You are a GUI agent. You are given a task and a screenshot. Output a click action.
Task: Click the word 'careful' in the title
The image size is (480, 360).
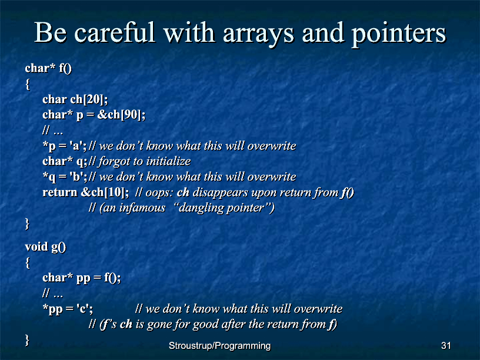pyautogui.click(x=115, y=32)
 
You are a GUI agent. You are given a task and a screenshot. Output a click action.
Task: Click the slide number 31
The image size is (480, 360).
pyautogui.click(x=446, y=346)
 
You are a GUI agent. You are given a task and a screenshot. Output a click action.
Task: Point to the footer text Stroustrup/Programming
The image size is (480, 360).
pyautogui.click(x=220, y=346)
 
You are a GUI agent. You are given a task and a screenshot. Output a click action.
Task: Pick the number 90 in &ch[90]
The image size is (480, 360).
pyautogui.click(x=131, y=115)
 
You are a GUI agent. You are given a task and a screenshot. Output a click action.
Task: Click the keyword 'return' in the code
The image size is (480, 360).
pyautogui.click(x=59, y=192)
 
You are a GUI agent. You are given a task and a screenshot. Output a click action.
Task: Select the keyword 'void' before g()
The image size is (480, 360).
pyautogui.click(x=36, y=246)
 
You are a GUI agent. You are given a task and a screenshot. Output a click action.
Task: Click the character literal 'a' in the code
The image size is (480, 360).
pyautogui.click(x=75, y=146)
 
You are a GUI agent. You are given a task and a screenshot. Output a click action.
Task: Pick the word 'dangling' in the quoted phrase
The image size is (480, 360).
pyautogui.click(x=197, y=208)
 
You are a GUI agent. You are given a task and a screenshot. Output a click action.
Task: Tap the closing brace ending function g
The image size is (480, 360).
pyautogui.click(x=27, y=341)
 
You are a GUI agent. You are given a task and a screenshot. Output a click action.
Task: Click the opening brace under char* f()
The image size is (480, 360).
pyautogui.click(x=28, y=84)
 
